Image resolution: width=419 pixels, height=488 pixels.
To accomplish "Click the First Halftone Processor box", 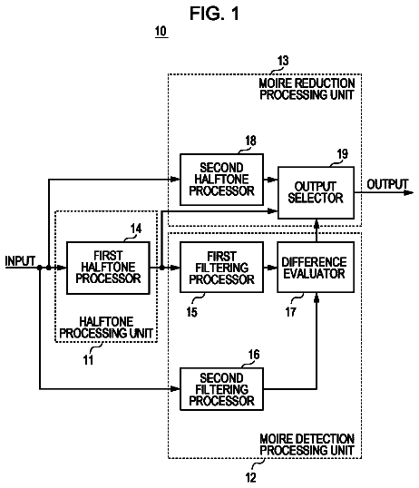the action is coord(108,268).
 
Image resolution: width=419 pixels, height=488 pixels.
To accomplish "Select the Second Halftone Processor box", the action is coord(221,180).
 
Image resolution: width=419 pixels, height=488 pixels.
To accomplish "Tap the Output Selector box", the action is coord(316,192).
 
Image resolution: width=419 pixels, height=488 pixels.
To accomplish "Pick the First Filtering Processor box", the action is coord(221,268).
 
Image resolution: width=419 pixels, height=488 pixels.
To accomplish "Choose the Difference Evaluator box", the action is coord(316,268).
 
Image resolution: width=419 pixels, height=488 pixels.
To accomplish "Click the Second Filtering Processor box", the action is coord(221,389).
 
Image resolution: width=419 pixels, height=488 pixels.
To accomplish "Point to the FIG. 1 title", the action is coord(214,14).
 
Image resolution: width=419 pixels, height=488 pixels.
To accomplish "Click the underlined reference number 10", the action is coord(161,32).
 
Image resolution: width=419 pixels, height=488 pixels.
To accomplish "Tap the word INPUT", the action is coord(20,261).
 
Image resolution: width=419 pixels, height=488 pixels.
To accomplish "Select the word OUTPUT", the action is coord(387,184).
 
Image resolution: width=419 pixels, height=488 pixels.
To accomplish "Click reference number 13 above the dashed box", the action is coord(283,61).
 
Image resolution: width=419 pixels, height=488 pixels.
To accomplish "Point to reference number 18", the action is coord(250,141).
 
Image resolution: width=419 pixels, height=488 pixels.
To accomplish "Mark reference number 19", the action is coord(343,153).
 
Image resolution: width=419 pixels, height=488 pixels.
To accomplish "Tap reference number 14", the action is coord(136,229).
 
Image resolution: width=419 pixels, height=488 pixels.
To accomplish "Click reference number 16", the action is coord(254,354).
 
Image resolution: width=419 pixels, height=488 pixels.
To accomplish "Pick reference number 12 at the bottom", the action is coord(250,477).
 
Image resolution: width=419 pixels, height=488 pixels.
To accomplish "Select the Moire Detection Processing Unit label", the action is coord(307,444).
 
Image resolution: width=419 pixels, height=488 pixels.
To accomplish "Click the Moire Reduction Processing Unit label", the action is coord(307,89).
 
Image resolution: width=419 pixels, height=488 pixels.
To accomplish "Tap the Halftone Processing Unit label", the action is coord(106,327).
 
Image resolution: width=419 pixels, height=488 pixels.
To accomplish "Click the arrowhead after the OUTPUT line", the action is coord(408,192).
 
